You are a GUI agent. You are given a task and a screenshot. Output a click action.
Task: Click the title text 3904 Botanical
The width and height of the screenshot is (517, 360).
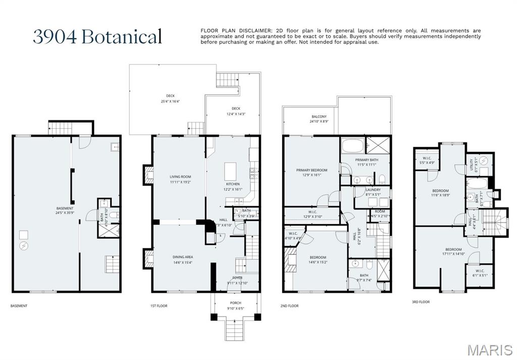point(97,37)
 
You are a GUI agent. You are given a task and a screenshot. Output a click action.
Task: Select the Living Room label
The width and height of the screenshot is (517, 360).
point(180,177)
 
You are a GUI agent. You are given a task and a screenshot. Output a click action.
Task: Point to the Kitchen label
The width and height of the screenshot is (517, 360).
point(233,184)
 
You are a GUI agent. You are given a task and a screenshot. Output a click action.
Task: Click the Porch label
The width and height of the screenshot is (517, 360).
point(235,303)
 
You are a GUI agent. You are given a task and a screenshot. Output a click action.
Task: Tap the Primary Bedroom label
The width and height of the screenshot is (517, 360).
point(312,170)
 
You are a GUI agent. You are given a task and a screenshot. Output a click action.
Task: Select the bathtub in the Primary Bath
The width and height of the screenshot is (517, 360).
point(352,146)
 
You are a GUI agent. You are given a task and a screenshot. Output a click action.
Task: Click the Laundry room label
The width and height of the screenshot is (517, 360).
point(373,190)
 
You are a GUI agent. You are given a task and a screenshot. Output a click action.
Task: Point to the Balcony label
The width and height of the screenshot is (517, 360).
point(319,117)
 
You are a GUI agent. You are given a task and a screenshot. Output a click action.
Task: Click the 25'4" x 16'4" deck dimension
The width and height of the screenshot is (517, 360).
point(170,101)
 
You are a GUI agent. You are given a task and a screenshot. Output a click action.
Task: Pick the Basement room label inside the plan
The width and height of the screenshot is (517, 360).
point(65,208)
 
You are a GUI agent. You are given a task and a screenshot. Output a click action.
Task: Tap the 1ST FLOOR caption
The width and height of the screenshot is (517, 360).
point(159,306)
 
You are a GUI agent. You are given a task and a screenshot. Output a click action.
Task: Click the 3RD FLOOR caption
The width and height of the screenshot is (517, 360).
point(420,302)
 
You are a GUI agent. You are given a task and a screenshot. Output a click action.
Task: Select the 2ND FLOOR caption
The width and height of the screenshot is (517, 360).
point(289,306)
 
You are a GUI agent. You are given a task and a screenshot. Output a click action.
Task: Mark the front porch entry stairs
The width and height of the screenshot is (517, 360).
point(235,331)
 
